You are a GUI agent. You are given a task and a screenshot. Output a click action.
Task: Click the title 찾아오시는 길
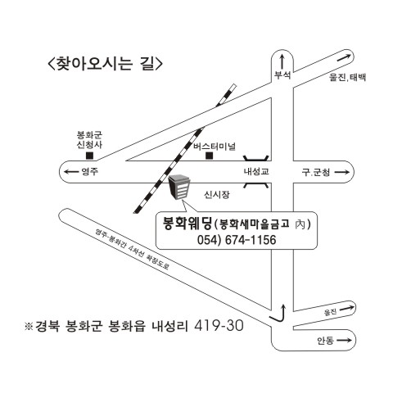105,64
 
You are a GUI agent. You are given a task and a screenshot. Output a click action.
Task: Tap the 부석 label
282,75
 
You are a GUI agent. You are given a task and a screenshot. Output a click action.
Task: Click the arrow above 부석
282,61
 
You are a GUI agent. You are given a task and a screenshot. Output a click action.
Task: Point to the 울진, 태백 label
347,77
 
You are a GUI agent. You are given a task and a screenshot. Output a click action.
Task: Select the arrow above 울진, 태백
344,57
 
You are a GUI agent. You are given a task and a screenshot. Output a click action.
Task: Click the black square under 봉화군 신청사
89,156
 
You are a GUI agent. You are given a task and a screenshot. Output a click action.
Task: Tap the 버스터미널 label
215,146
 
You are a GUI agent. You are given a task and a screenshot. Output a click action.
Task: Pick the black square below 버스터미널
210,156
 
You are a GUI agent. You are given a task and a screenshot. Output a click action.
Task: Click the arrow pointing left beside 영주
70,172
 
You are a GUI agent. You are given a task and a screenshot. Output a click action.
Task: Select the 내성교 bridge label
256,171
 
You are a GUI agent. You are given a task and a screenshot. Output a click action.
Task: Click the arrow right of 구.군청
342,172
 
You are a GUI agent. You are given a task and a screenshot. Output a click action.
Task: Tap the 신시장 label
217,195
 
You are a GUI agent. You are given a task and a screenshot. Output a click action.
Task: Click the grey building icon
179,187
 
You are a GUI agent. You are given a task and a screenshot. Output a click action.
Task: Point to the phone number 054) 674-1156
237,240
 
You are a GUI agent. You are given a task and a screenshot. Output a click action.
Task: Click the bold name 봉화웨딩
187,224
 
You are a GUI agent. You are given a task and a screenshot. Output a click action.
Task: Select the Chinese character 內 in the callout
300,224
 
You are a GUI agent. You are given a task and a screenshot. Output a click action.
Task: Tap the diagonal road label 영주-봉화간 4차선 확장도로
132,249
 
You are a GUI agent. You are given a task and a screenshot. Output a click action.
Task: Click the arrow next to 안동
344,340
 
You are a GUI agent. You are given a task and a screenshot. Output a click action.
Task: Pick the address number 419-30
219,326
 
